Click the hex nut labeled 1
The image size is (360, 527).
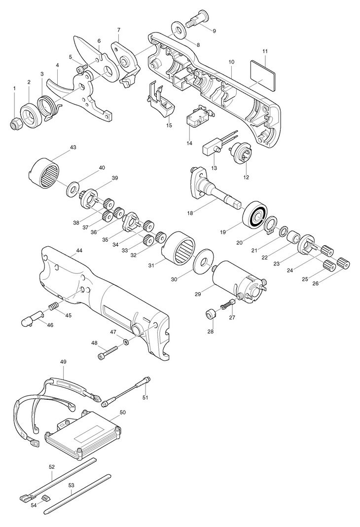click(x=14, y=122)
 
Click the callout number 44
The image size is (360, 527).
click(x=79, y=251)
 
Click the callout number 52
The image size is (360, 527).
click(x=51, y=466)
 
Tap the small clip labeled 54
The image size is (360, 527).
click(x=45, y=497)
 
